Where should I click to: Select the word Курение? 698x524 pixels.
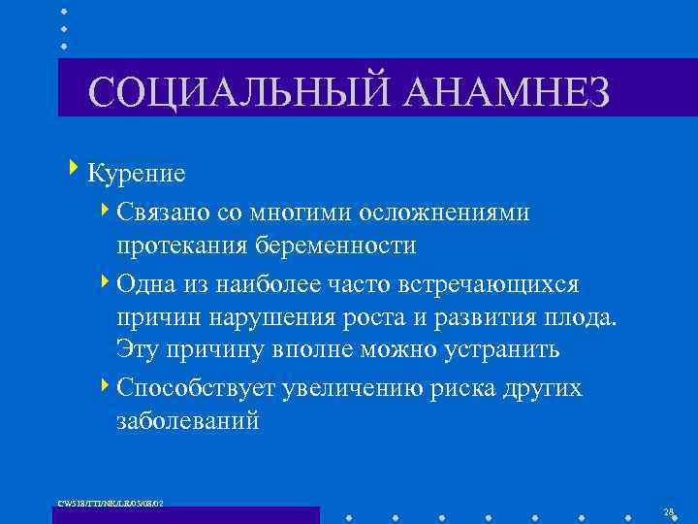tap(136, 174)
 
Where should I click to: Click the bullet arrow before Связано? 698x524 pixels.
tap(105, 211)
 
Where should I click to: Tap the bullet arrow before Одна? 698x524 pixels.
tap(105, 282)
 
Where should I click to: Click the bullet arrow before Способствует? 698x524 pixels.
tap(105, 387)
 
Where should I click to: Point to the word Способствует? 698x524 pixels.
tap(197, 389)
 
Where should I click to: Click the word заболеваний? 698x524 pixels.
tap(187, 422)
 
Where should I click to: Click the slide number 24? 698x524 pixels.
tap(668, 510)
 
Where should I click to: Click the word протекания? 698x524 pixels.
tap(182, 246)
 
